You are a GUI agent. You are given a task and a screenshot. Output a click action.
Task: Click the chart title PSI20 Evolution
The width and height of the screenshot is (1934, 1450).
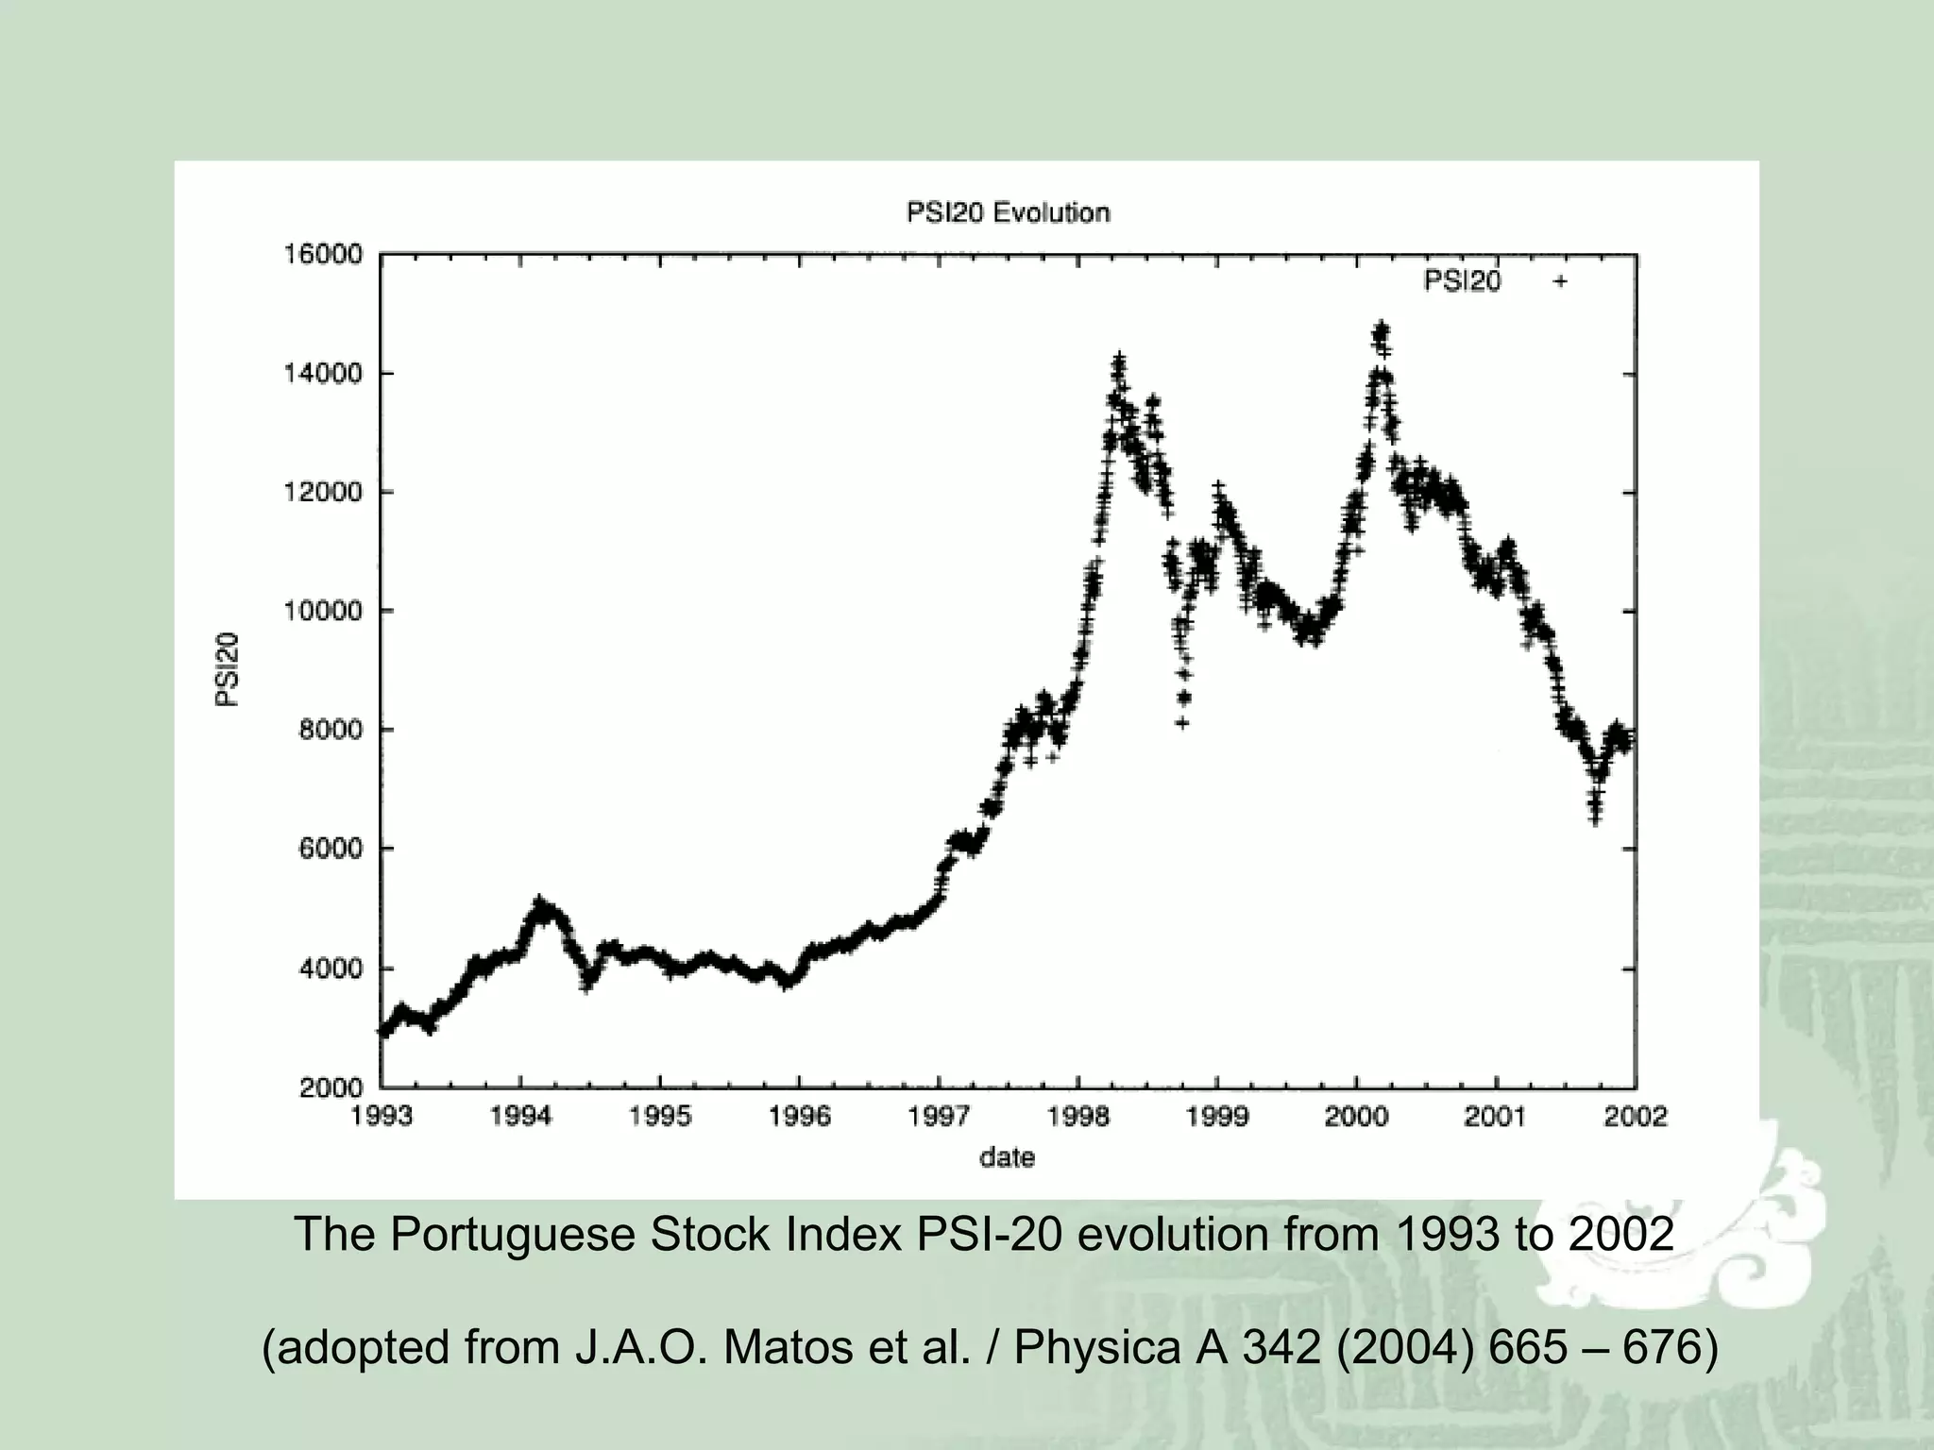pyautogui.click(x=1008, y=212)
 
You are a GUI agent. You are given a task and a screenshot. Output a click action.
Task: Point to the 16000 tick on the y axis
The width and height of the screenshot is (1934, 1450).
pyautogui.click(x=324, y=255)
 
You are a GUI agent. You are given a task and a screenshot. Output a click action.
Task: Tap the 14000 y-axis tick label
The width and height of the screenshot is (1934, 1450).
pyautogui.click(x=324, y=374)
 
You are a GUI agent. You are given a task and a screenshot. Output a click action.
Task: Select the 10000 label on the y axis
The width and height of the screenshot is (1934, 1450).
pyautogui.click(x=324, y=612)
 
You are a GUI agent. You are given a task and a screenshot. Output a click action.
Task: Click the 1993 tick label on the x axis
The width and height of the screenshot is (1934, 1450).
pyautogui.click(x=382, y=1117)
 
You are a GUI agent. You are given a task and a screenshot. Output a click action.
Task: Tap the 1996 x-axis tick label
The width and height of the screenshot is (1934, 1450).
pyautogui.click(x=799, y=1117)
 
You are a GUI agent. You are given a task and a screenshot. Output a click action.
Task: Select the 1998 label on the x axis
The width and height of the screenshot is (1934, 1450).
pyautogui.click(x=1077, y=1117)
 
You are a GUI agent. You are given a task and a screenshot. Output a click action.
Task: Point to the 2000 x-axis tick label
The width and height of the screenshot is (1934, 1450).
pyautogui.click(x=1356, y=1117)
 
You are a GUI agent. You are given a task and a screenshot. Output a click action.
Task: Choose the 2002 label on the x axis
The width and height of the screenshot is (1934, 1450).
pyautogui.click(x=1636, y=1117)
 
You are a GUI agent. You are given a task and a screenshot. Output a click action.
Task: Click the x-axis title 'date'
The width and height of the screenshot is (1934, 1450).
pyautogui.click(x=1008, y=1157)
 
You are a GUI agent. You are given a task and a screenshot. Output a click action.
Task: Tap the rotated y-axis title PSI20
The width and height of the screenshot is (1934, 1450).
pyautogui.click(x=227, y=669)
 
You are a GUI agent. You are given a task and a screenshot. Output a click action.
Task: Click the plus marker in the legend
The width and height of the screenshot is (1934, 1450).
pyautogui.click(x=1561, y=281)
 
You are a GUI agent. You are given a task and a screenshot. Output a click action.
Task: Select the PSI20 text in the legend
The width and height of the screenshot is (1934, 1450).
pyautogui.click(x=1462, y=281)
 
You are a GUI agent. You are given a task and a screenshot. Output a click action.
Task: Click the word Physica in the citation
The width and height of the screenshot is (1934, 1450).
pyautogui.click(x=1097, y=1347)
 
